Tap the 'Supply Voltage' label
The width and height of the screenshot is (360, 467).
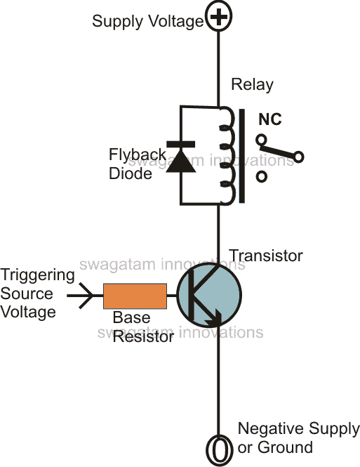[147, 22]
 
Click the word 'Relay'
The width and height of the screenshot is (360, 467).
[252, 85]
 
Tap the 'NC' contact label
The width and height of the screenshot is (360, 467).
[270, 120]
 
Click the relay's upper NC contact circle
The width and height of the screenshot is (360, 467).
[262, 139]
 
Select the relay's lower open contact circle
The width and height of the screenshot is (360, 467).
[262, 177]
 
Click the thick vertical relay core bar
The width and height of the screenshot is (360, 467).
[242, 155]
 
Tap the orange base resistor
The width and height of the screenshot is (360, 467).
[135, 296]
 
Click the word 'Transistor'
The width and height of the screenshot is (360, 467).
[266, 256]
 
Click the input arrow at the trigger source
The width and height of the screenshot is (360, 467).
[86, 296]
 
